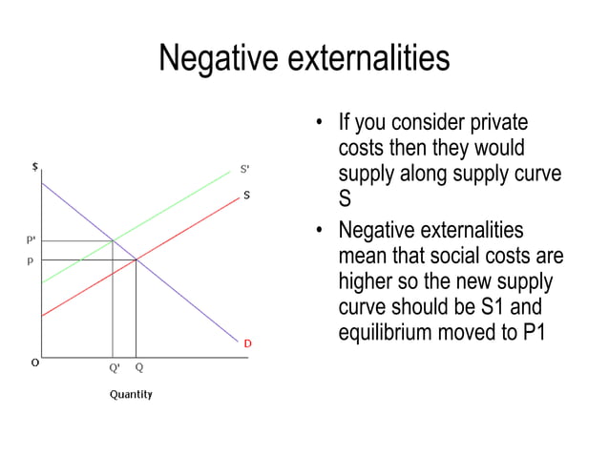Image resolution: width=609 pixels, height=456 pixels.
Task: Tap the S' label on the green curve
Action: (x=244, y=170)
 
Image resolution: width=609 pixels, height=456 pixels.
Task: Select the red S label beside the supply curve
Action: (x=246, y=195)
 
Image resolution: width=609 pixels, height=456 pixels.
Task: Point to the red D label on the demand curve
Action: (x=247, y=342)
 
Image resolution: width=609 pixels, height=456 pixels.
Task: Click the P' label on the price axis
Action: (x=31, y=240)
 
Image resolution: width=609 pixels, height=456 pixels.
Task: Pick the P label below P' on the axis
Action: (x=31, y=259)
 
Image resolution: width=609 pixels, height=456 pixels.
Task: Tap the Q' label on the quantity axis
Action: (x=114, y=367)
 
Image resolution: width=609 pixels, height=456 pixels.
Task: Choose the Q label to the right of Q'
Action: (x=139, y=367)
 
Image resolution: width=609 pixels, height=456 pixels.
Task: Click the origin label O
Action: (x=34, y=363)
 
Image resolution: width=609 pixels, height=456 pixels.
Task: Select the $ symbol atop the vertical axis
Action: (x=35, y=166)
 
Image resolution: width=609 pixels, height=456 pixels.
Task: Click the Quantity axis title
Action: (x=131, y=394)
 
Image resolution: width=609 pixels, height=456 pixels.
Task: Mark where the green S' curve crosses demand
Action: (x=114, y=240)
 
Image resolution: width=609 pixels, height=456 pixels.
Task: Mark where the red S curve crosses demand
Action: (x=136, y=259)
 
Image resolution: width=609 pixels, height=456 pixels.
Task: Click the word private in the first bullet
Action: (x=496, y=124)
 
